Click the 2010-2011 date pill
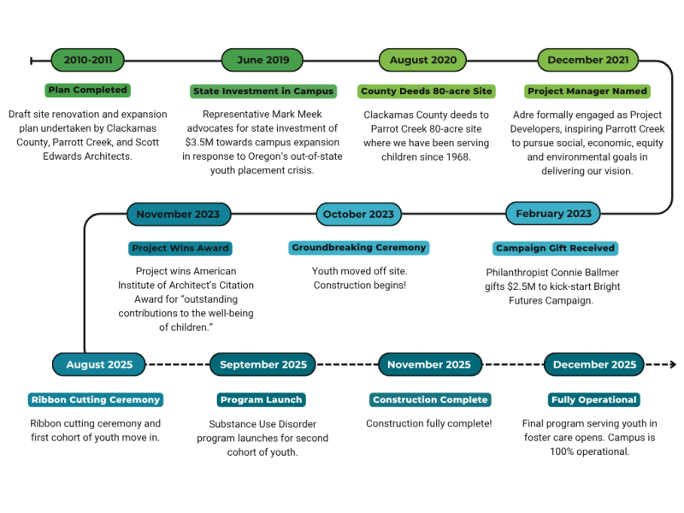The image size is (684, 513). (x=88, y=60)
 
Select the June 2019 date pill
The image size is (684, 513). (x=262, y=60)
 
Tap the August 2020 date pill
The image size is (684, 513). (x=423, y=60)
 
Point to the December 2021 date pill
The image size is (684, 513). (x=587, y=60)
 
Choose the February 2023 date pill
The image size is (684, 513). (x=553, y=214)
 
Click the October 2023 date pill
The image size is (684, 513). (x=358, y=214)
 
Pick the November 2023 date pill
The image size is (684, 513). (x=178, y=214)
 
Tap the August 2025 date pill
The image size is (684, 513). (x=99, y=364)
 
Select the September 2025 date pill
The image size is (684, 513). (x=263, y=364)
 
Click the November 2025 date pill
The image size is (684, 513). (x=429, y=364)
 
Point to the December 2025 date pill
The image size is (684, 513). (x=594, y=364)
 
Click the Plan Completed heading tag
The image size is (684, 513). (x=87, y=90)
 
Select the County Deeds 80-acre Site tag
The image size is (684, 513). (x=427, y=91)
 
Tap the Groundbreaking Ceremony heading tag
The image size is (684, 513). (x=359, y=248)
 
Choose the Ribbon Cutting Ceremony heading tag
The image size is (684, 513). (x=96, y=399)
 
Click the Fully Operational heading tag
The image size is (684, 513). (x=594, y=399)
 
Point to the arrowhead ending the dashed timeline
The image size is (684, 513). (x=672, y=364)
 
